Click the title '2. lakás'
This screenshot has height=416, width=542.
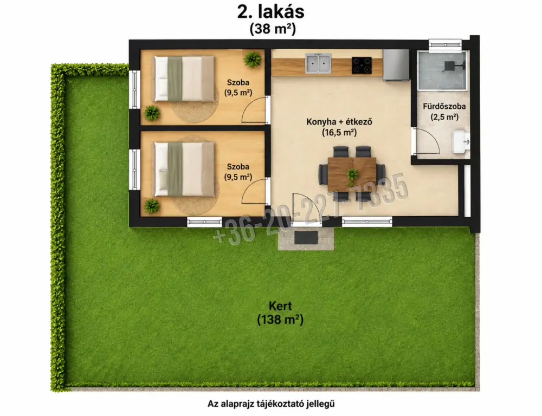click(270, 12)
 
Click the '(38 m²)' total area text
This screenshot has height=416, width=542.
click(273, 29)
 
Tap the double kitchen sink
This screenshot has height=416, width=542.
click(318, 63)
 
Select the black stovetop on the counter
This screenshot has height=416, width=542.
click(362, 66)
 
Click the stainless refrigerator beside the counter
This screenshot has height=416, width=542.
click(396, 65)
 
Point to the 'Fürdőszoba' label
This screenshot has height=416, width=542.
click(444, 106)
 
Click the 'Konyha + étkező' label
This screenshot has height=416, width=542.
click(339, 122)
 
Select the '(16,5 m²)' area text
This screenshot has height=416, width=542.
click(339, 132)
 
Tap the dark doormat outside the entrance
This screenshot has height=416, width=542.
click(306, 237)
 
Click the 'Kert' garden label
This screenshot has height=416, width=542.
click(280, 306)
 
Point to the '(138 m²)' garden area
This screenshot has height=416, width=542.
click(280, 320)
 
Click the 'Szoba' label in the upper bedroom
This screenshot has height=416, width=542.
click(238, 82)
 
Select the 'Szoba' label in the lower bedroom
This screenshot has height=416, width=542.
click(238, 166)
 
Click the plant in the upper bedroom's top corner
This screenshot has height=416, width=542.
click(253, 59)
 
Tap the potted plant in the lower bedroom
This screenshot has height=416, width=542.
click(152, 206)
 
